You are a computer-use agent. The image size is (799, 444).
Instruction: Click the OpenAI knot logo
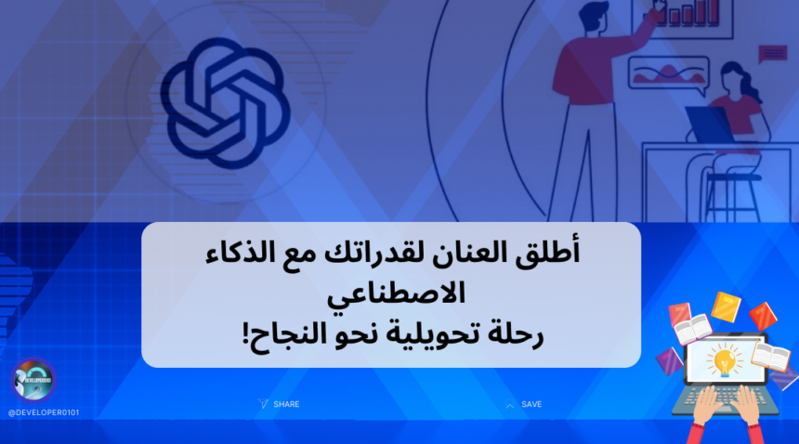coord(225,103)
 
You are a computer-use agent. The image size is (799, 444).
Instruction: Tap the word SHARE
coord(286,404)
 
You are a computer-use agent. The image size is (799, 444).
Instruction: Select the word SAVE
coord(531,404)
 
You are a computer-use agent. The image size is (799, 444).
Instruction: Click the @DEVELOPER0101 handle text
coord(44,412)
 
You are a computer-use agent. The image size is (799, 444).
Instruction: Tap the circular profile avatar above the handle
coord(33,380)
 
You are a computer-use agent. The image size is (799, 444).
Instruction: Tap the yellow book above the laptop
coord(726,307)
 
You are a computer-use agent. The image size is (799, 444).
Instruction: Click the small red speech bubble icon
coord(772,54)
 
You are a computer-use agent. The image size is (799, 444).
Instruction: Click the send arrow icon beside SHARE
coord(263,404)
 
